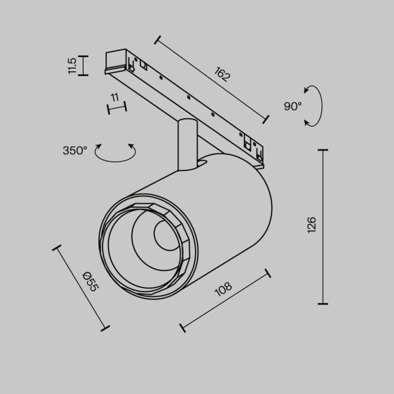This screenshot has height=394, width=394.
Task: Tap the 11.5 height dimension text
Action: click(73, 66)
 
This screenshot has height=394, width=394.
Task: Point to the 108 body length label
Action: click(223, 289)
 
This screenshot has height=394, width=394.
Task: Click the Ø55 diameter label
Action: click(90, 281)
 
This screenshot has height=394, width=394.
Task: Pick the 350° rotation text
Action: click(75, 150)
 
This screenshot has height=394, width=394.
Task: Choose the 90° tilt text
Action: click(293, 106)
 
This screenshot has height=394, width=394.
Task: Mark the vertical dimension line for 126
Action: click(323, 227)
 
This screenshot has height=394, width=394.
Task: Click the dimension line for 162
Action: click(212, 79)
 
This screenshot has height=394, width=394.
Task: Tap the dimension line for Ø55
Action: click(81, 287)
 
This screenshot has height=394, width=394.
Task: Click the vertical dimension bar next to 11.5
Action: click(84, 66)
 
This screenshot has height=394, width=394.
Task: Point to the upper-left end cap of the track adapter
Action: click(115, 60)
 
